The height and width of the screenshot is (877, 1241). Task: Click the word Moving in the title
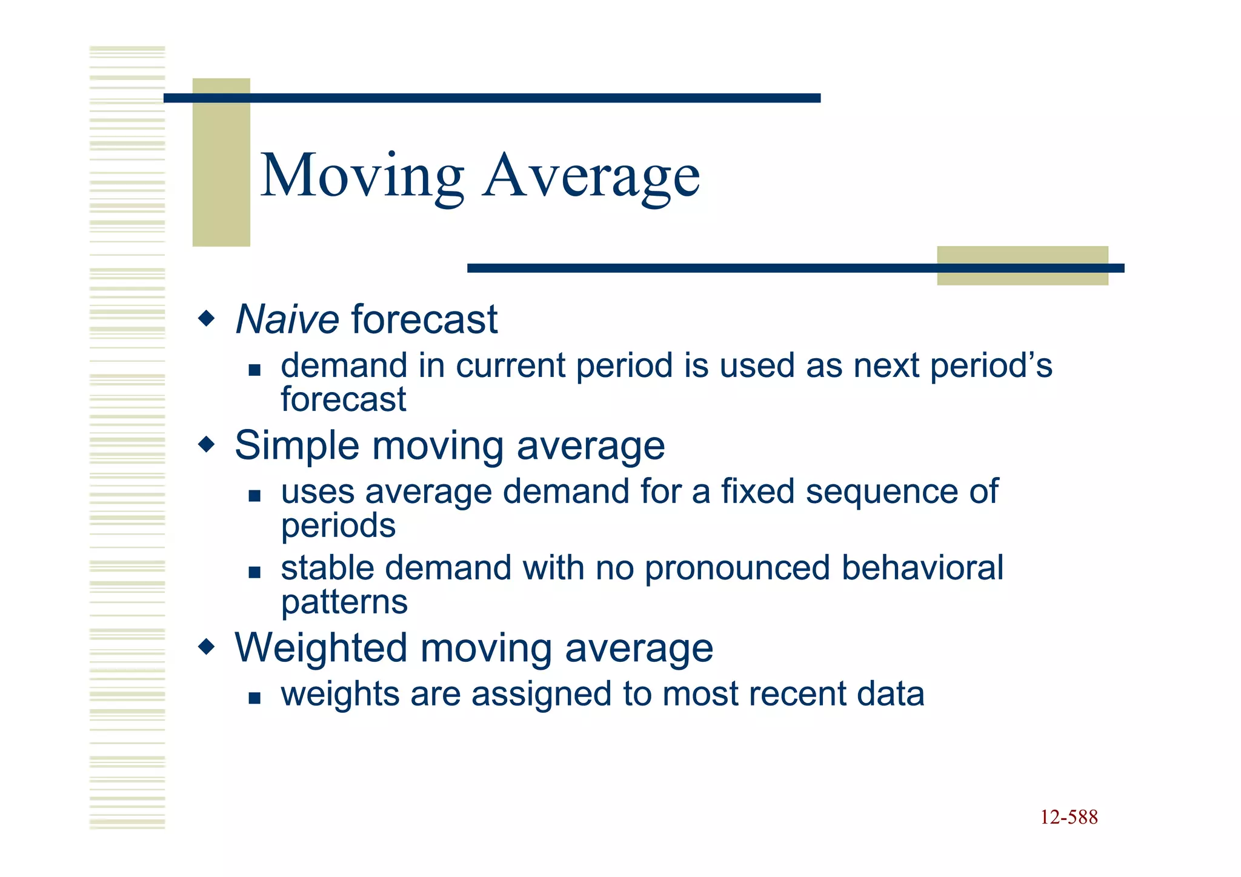coord(362,176)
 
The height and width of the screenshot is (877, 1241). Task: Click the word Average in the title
coord(591,176)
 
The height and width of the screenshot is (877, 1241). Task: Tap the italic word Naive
coord(287,319)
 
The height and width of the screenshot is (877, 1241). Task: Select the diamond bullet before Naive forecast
coord(207,318)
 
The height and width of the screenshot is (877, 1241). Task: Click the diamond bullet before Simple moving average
coord(207,445)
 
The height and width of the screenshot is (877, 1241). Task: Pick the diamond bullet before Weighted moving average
coord(207,647)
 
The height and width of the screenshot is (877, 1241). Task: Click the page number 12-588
coord(1068,817)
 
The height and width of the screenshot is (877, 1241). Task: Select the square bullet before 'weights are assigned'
coord(255,698)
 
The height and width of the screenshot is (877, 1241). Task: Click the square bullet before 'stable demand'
coord(255,572)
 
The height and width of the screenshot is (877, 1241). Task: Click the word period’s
coord(991,365)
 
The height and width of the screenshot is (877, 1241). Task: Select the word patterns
coord(344,602)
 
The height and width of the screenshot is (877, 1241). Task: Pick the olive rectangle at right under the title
coord(1022,265)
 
